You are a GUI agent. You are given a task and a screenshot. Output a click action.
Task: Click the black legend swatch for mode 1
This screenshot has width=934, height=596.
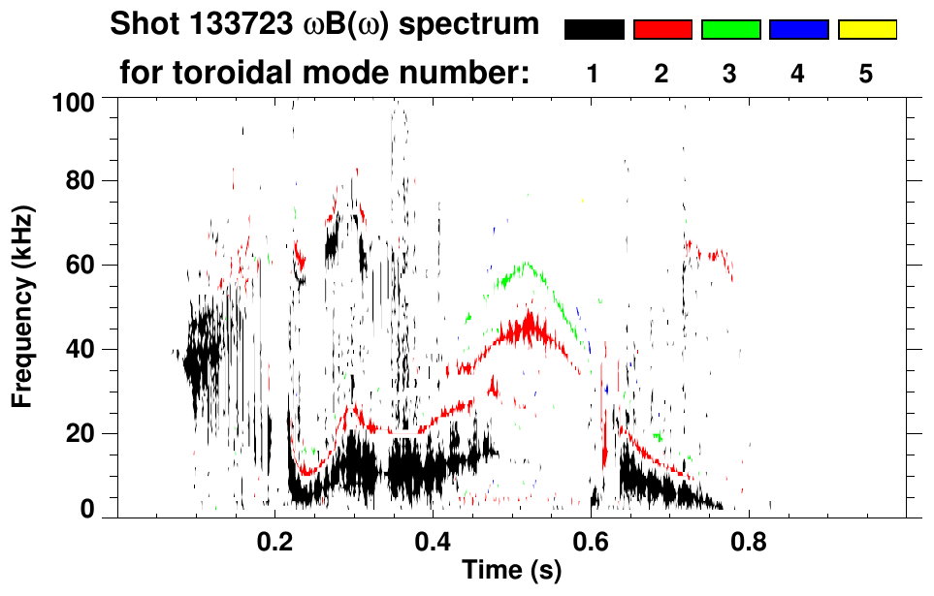coord(594,30)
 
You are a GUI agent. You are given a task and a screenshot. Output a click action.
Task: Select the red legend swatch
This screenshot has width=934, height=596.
coord(662,30)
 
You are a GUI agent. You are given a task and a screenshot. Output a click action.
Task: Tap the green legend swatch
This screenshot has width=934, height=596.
coord(730,30)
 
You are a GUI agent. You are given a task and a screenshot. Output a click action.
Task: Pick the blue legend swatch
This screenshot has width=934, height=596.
coord(798,30)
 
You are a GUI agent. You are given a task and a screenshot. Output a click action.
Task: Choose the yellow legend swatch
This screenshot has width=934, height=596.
coord(867,30)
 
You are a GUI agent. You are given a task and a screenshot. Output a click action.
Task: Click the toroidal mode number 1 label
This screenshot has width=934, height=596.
coord(594,75)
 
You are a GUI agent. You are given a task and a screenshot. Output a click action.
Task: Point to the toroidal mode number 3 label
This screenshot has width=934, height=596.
coord(730,75)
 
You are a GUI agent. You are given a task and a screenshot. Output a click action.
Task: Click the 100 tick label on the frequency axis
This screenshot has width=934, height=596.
coord(74,100)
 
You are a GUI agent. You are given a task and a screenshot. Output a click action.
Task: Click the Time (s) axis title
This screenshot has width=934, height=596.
coord(511,571)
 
